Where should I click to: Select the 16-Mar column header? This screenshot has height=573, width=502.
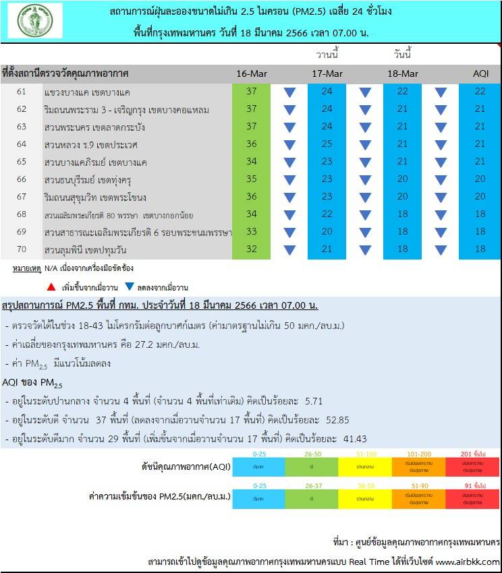click(251, 73)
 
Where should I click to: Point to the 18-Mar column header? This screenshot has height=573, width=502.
click(403, 73)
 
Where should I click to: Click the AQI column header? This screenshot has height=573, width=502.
click(480, 73)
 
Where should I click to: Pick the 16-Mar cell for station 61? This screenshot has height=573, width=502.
click(251, 92)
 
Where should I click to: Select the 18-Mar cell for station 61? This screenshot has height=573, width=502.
click(403, 92)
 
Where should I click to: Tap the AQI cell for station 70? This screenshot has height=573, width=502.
click(480, 249)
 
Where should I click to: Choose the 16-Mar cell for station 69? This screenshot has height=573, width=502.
click(251, 232)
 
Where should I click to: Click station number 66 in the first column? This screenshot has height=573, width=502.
click(22, 179)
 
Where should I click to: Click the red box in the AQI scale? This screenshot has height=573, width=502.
click(473, 466)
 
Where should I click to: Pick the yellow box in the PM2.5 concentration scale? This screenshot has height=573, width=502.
click(365, 496)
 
